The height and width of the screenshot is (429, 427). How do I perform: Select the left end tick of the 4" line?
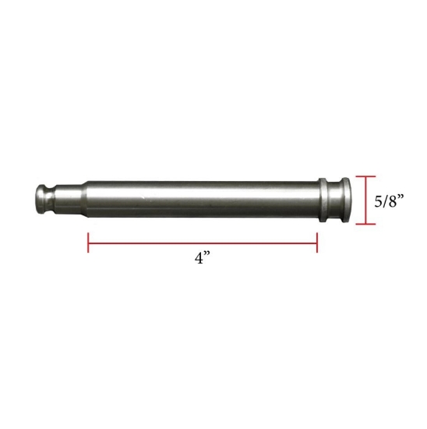(x=88, y=242)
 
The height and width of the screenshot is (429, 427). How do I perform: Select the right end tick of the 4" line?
(x=316, y=242)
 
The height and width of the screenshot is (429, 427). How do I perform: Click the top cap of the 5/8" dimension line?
(x=365, y=176)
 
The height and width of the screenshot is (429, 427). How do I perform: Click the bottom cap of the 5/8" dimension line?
(x=365, y=224)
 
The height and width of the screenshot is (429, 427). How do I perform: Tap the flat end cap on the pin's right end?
(x=343, y=200)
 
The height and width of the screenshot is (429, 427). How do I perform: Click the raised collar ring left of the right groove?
(x=323, y=200)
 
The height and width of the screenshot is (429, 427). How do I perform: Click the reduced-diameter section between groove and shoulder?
(x=68, y=200)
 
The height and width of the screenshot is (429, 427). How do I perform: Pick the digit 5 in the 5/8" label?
(x=379, y=201)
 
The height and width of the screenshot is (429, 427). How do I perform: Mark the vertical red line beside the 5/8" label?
(x=365, y=200)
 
